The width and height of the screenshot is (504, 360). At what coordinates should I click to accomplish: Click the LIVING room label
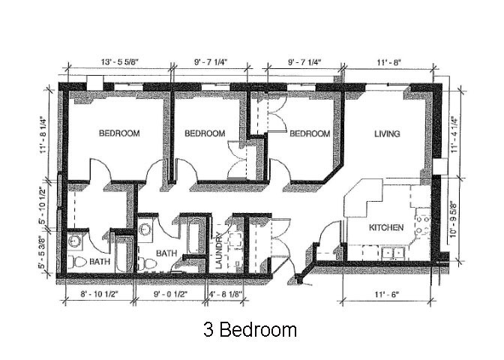387,133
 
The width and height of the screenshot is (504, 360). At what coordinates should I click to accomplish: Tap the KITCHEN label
386,227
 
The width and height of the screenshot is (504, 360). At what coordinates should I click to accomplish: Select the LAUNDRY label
218,250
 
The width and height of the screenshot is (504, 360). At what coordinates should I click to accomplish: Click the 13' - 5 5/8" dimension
119,62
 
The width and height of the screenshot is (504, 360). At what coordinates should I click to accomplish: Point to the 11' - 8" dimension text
388,62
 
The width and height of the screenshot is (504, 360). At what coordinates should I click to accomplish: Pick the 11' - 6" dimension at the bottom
386,294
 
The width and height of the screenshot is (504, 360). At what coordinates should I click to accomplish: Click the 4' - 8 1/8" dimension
225,294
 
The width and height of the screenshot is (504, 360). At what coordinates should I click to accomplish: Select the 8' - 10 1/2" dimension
99,294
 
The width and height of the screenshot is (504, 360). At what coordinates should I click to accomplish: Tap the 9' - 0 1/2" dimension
171,294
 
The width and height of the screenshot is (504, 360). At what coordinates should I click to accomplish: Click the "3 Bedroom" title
250,330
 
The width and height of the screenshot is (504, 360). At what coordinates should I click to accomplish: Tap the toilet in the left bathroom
77,262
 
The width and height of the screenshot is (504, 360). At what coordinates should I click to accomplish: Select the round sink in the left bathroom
75,241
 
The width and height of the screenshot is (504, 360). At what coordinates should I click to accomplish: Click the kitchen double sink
393,253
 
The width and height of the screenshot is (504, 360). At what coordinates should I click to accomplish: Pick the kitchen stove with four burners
423,226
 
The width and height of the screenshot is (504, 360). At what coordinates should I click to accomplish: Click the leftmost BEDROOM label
119,133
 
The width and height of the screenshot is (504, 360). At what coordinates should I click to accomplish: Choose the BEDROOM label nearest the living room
310,133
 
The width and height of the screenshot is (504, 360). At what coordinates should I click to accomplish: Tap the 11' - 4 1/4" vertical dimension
454,134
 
